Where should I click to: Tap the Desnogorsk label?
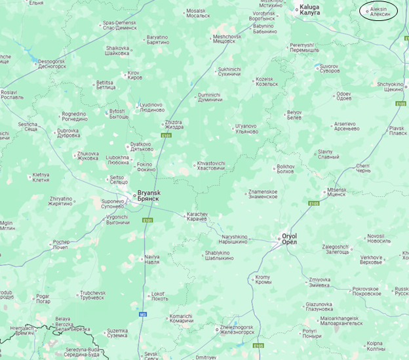point(52,64)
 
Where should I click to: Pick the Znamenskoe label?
point(262,194)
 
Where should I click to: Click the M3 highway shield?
point(142,314)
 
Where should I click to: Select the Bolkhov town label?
point(286,169)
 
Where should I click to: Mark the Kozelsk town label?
point(267,81)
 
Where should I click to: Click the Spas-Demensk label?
point(120,26)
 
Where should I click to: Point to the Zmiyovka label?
point(319,282)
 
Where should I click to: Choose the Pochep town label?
point(61,244)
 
